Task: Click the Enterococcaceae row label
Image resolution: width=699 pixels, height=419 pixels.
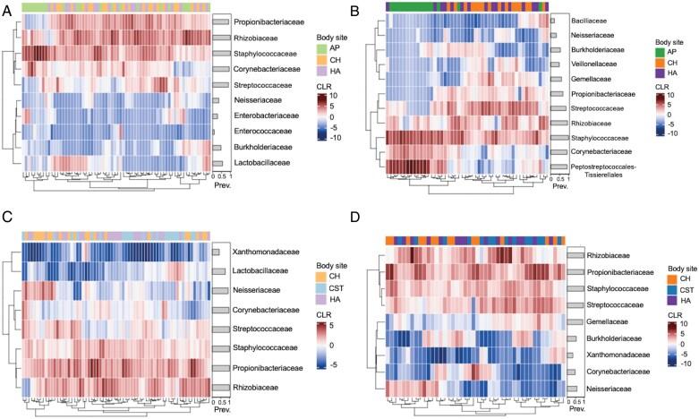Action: point(260,132)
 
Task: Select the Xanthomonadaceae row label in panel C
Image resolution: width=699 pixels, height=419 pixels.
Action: point(267,252)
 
